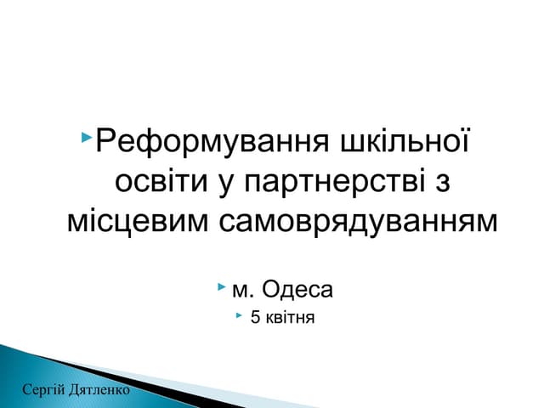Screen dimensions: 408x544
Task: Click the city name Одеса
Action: click(297, 291)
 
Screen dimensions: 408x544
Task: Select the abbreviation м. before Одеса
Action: click(242, 291)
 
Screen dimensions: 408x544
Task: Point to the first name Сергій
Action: click(41, 390)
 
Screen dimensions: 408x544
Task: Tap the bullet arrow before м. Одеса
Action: click(223, 289)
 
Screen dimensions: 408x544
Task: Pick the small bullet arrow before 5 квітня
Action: click(239, 317)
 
